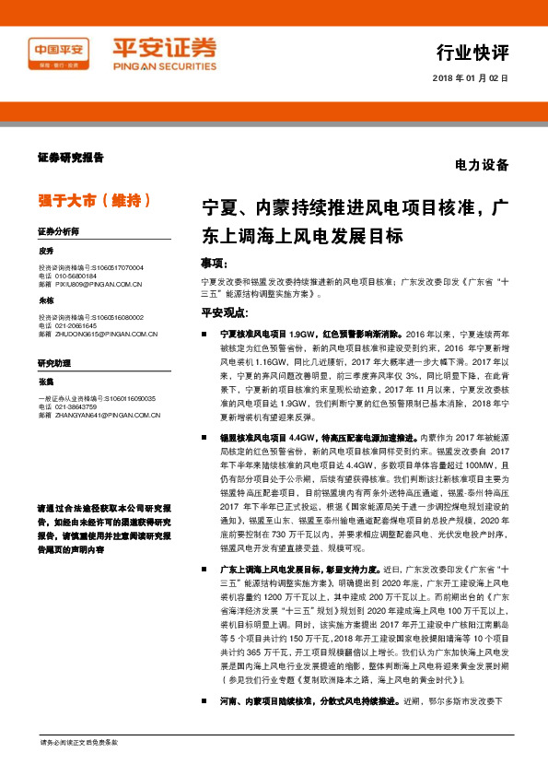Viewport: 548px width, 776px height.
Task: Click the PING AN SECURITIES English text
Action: [x=164, y=66]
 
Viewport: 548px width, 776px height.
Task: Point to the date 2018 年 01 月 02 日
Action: [x=470, y=78]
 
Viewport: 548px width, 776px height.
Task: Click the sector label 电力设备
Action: [x=482, y=166]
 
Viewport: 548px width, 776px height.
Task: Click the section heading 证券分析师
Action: [x=60, y=230]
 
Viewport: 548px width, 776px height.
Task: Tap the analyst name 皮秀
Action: [x=47, y=251]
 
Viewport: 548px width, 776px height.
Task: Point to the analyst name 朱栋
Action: [x=47, y=301]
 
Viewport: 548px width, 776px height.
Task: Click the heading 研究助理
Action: [x=54, y=362]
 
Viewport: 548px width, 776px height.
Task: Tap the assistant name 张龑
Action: [x=47, y=382]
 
